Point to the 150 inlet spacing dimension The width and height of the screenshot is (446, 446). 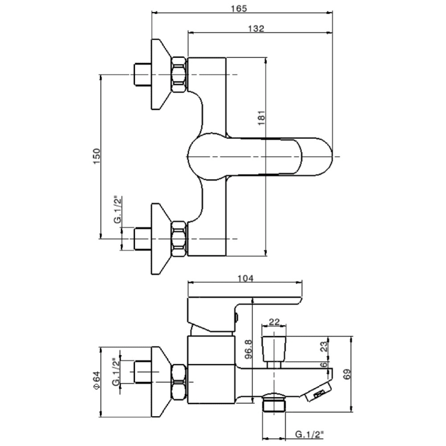click(x=96, y=156)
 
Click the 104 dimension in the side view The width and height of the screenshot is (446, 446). click(x=245, y=278)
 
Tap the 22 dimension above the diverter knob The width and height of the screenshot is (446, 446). click(x=275, y=322)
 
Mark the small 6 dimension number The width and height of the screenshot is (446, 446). click(x=324, y=364)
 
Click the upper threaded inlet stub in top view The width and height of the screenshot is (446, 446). click(x=141, y=75)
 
